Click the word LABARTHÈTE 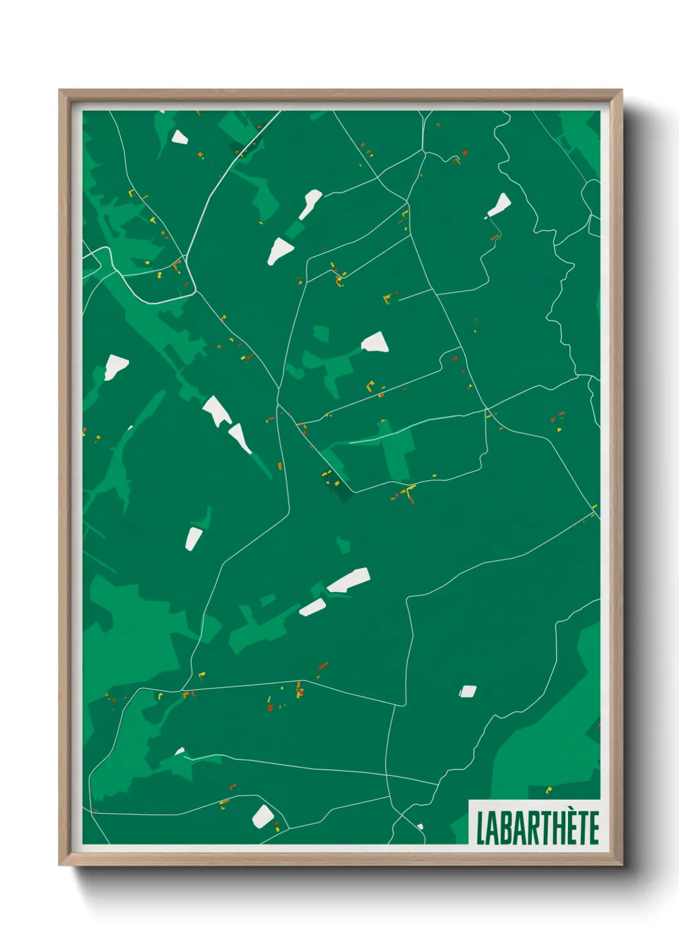click(x=537, y=827)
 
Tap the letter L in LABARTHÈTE click(x=480, y=828)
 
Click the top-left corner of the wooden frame click(x=60, y=91)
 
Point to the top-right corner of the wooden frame click(x=621, y=91)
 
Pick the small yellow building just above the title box click(x=548, y=791)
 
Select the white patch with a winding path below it click(x=499, y=206)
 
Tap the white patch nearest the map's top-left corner click(x=178, y=137)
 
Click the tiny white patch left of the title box click(x=420, y=827)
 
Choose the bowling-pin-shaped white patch click(x=310, y=203)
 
